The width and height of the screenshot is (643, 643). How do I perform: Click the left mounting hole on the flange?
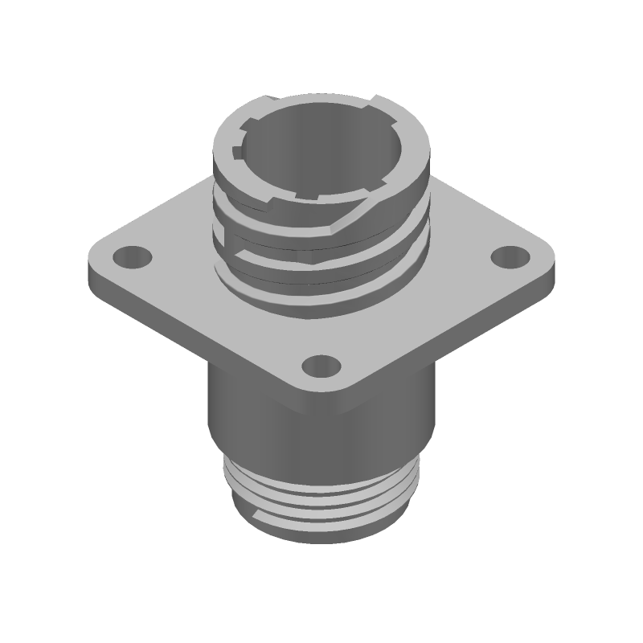pos(131,258)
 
